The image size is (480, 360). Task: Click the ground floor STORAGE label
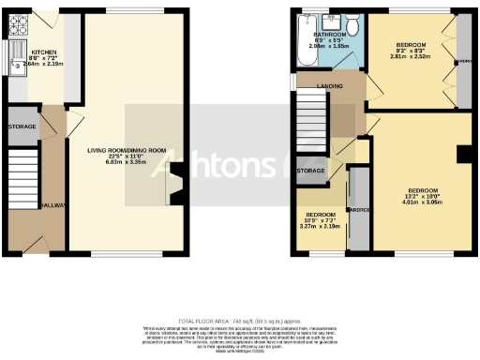click(22, 126)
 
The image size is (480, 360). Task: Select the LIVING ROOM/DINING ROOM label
click(127, 150)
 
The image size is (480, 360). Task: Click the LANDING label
click(329, 86)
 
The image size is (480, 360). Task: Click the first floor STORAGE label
click(311, 171)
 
